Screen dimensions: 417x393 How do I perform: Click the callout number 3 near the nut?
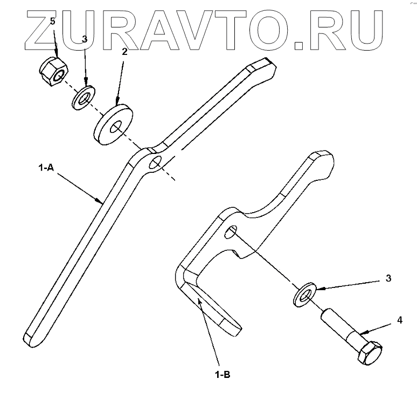(84, 39)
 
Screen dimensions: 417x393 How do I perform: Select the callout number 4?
(399, 320)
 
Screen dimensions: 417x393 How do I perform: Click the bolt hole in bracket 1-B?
(231, 233)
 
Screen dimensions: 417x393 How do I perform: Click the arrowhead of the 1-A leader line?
(102, 202)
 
